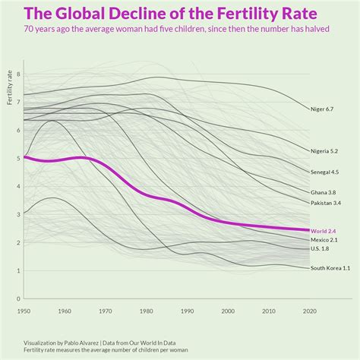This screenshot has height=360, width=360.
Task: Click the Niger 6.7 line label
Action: pyautogui.click(x=322, y=109)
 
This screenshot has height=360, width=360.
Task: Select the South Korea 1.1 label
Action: pyautogui.click(x=330, y=268)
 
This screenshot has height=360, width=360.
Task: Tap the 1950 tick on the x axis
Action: pyautogui.click(x=24, y=311)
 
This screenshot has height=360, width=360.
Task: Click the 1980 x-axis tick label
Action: pyautogui.click(x=146, y=311)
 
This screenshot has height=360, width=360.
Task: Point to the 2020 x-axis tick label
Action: pyautogui.click(x=309, y=311)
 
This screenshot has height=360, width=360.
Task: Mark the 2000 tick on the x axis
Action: pyautogui.click(x=228, y=311)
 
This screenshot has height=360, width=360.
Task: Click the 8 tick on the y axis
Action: pyautogui.click(x=17, y=74)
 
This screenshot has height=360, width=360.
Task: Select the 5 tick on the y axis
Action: pyautogui.click(x=17, y=159)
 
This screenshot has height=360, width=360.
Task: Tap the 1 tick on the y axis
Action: pyautogui.click(x=17, y=270)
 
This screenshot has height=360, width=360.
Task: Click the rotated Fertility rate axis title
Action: pyautogui.click(x=9, y=87)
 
